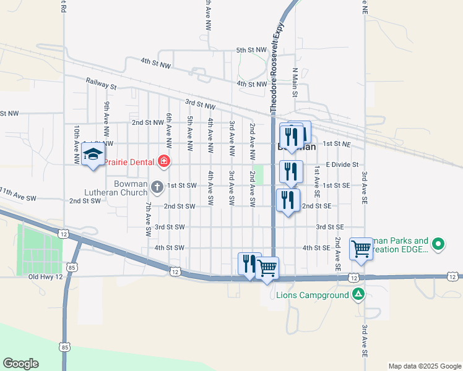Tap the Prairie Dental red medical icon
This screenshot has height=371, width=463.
[x=164, y=162]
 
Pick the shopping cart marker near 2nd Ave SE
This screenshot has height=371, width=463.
[x=361, y=249]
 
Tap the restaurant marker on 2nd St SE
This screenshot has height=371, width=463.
[x=287, y=200]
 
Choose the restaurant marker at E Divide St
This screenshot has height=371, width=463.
[x=290, y=171]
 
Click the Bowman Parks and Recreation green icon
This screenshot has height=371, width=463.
[x=438, y=245]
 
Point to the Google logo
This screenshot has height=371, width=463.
[x=20, y=364]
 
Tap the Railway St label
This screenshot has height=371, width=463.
[x=102, y=83]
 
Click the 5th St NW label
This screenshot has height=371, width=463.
[x=251, y=50]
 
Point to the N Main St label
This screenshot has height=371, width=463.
[x=295, y=82]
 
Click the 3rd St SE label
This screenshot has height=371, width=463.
[x=329, y=227]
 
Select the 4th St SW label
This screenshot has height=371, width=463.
[x=170, y=248]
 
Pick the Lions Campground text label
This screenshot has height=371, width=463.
[x=313, y=296]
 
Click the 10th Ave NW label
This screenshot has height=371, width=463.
[x=77, y=145]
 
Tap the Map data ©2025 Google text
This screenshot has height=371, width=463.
[x=424, y=366]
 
